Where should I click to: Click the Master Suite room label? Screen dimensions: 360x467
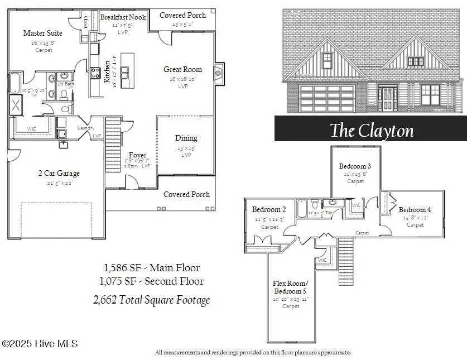point(42,33)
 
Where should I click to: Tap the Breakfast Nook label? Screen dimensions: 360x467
point(123,17)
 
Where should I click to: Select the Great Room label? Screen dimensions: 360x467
point(182,70)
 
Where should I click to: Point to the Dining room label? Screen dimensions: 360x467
point(186,138)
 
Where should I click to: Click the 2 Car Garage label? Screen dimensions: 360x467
point(59,174)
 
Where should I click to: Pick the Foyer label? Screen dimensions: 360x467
point(137,155)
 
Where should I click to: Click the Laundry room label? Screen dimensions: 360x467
point(85,128)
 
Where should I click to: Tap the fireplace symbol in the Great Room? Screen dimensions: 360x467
point(219,72)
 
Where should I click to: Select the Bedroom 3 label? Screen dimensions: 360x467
point(355,166)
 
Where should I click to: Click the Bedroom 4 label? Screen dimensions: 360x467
point(415,210)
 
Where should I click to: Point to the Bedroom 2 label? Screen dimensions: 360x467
point(269,210)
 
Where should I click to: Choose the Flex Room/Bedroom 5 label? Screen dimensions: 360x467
point(290,287)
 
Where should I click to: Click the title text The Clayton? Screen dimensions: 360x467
point(372,131)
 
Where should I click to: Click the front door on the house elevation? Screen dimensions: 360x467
point(387,98)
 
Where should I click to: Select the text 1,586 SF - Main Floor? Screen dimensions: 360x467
point(151,268)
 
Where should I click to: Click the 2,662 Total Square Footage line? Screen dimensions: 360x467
point(151,300)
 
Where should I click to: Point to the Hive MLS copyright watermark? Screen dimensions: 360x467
point(40,344)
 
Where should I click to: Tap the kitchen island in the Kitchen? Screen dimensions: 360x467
point(127,70)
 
